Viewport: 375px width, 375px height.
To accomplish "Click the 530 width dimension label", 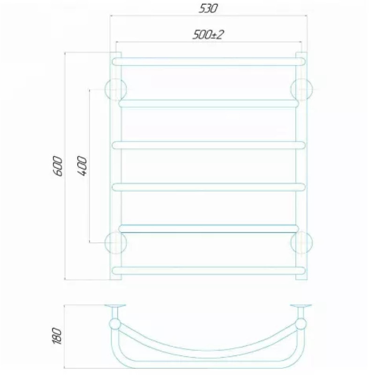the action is pos(208,8).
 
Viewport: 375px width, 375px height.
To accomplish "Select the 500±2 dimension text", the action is pos(208,35).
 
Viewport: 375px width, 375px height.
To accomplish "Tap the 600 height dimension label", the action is pos(58,166).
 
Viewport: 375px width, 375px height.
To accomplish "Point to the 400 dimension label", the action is pos(82,166).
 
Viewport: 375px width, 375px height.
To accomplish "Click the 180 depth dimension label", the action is pos(57,336).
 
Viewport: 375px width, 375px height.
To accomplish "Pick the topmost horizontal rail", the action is pos(209,61).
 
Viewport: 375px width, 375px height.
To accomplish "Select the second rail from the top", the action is pos(209,104).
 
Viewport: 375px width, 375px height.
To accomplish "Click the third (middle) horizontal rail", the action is pos(209,145).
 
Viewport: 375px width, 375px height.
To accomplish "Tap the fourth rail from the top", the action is pos(209,187).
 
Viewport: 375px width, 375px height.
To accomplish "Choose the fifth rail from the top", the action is pos(209,229).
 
